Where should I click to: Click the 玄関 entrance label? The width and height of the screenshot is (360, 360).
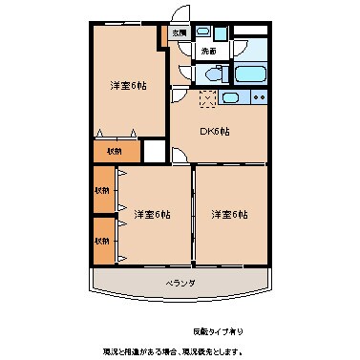click(180, 33)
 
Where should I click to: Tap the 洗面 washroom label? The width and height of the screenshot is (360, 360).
click(208, 51)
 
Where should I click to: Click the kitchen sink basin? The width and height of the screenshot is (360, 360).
click(231, 97)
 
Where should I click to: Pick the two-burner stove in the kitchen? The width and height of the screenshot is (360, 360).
click(261, 97)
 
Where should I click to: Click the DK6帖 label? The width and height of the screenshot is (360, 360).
click(214, 132)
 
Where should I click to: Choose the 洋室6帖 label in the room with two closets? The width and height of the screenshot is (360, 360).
click(152, 213)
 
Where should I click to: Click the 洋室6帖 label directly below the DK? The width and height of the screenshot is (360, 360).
click(229, 213)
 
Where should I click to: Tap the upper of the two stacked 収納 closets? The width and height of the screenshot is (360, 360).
click(101, 190)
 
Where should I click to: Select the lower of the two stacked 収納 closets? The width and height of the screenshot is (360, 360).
click(101, 240)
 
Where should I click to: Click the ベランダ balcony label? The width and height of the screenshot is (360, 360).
click(180, 284)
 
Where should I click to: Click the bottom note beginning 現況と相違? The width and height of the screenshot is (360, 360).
click(180, 350)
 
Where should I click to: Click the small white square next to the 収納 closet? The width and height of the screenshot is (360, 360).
click(152, 151)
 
